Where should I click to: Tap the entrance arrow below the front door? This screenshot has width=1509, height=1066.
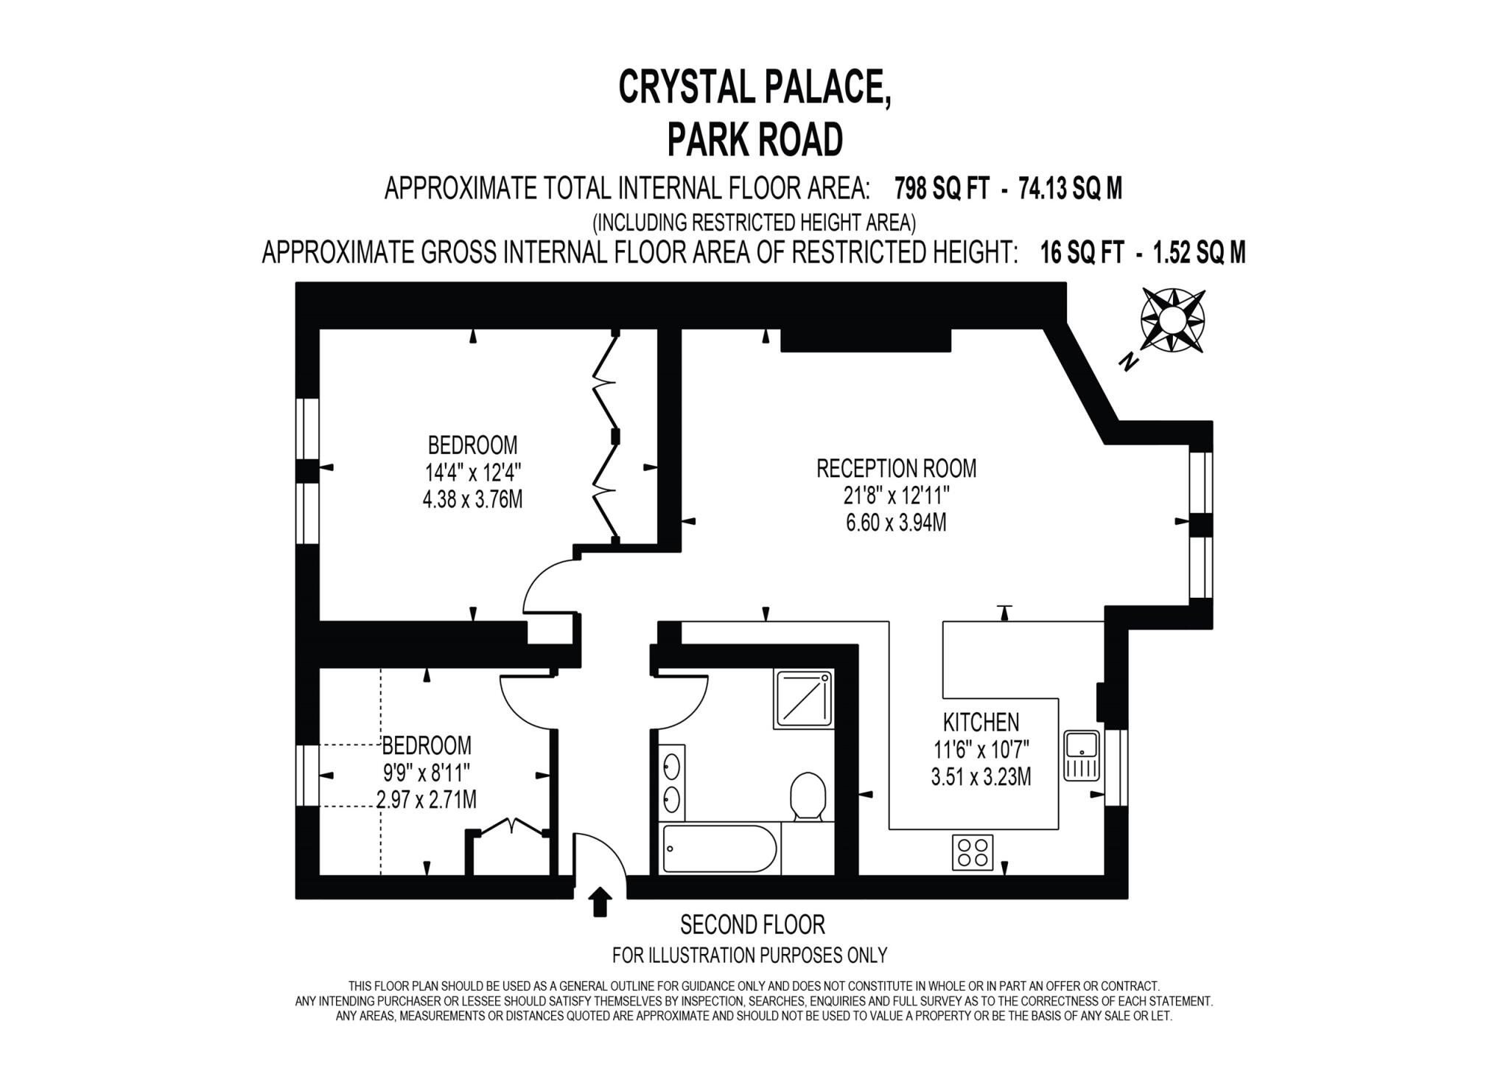(601, 902)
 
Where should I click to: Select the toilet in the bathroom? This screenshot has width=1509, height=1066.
(808, 796)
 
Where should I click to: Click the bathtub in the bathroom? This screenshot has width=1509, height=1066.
(719, 848)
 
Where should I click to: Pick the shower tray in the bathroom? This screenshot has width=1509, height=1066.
(803, 699)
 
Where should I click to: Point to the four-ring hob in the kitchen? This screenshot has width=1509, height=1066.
(972, 852)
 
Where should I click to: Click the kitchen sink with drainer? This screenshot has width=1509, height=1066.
(1082, 756)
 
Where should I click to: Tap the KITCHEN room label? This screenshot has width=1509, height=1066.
(981, 722)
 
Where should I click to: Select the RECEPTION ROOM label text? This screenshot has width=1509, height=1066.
(896, 469)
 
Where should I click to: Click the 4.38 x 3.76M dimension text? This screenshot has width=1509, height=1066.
(472, 500)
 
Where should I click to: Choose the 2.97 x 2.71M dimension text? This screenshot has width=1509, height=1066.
(426, 799)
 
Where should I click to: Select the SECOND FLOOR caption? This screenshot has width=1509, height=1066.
(752, 924)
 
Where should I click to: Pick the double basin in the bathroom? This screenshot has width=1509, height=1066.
(671, 783)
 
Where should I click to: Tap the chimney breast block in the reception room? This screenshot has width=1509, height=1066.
(865, 340)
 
